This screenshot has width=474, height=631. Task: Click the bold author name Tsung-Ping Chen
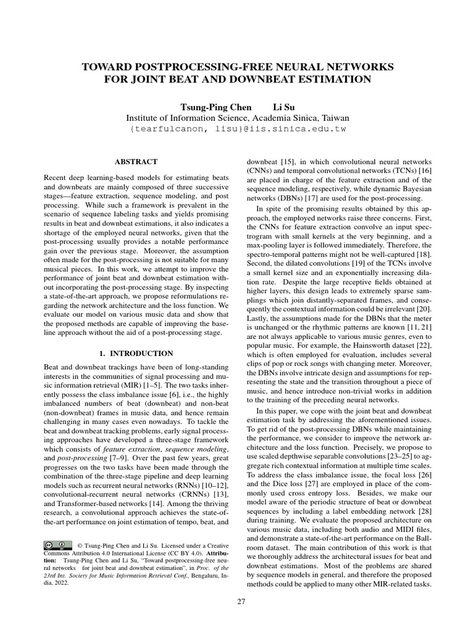tap(208, 105)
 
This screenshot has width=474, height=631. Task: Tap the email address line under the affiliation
tap(238, 129)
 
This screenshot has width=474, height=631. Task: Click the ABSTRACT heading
tap(136, 161)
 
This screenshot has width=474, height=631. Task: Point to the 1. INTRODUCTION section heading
tap(136, 354)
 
